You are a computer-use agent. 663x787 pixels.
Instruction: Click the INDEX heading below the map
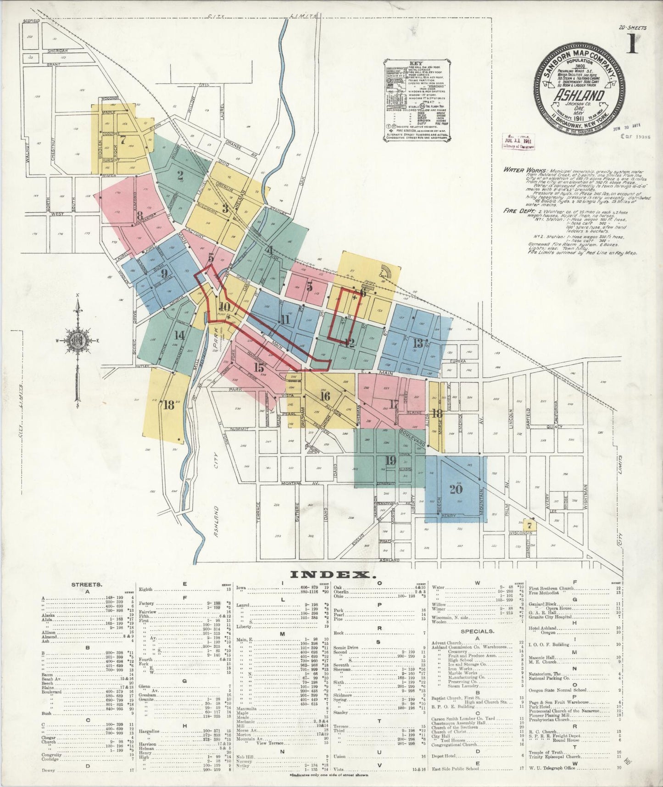330,575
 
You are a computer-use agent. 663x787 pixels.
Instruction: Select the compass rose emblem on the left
77,341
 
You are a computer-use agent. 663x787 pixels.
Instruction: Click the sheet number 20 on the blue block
455,489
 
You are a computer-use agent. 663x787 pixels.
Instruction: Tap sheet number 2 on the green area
180,174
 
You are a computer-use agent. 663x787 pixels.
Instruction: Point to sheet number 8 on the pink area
139,214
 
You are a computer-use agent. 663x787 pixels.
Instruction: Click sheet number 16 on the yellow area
325,396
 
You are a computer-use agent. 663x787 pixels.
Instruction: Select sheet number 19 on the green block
390,461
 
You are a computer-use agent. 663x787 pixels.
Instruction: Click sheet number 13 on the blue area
418,343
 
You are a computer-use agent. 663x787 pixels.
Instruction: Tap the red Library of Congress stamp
517,142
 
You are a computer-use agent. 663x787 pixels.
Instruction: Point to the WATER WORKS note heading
520,169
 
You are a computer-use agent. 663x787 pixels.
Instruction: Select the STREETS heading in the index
87,585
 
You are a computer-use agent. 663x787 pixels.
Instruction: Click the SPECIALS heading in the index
478,631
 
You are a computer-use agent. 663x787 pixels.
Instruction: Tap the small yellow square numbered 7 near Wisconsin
529,525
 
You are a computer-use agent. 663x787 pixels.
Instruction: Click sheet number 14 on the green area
179,335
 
